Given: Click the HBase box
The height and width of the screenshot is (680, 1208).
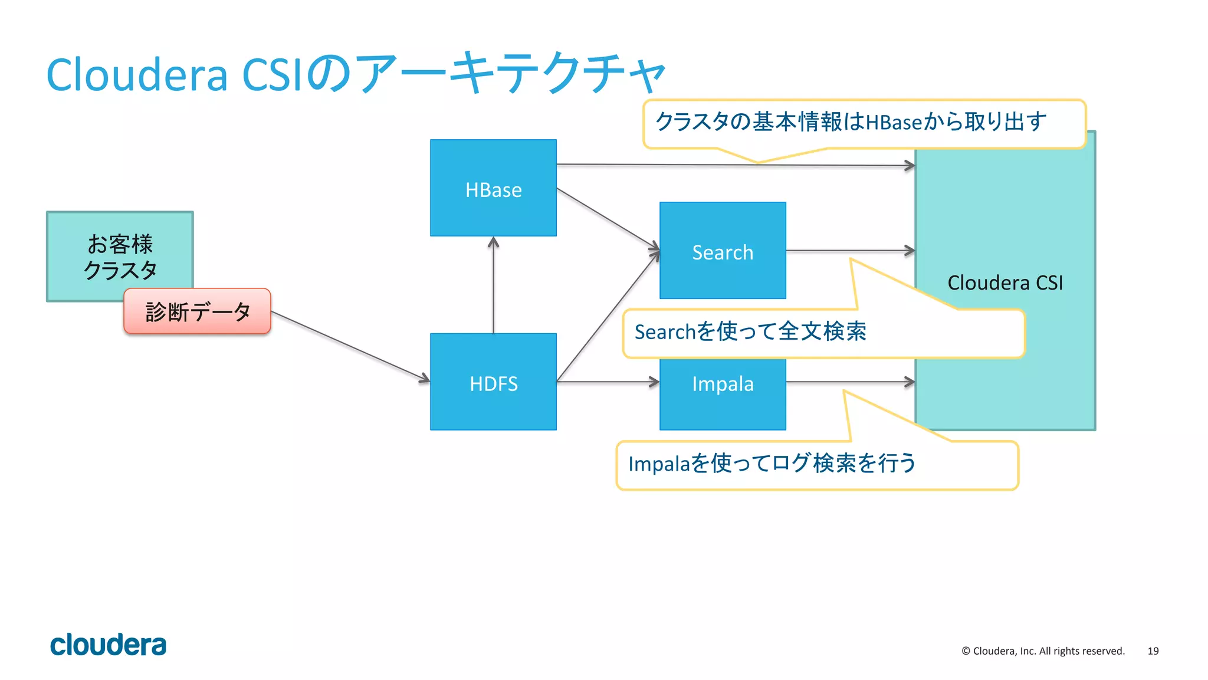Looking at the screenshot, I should [493, 189].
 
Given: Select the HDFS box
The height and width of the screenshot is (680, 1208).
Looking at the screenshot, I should [493, 383].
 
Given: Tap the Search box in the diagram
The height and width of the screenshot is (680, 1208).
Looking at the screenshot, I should [722, 252].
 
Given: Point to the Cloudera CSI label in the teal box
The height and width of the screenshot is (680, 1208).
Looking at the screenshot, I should [1005, 282].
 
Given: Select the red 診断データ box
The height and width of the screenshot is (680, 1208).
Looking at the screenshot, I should [197, 311].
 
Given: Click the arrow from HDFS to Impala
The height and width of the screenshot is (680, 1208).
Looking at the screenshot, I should [608, 382].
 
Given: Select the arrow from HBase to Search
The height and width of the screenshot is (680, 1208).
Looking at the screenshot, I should [608, 218].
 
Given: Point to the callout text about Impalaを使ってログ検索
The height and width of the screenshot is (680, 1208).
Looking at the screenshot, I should [772, 464].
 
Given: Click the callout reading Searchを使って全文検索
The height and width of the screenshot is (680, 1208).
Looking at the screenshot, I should [750, 332].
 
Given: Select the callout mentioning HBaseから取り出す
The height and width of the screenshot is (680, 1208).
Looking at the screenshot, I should [851, 122].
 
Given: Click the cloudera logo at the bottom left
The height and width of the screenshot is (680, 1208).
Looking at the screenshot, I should [108, 645].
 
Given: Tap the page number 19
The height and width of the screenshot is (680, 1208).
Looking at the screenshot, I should [1153, 651].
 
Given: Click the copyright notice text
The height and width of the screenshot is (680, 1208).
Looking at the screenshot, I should [1043, 651].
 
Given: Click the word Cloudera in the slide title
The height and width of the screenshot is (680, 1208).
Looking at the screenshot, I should [137, 75].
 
